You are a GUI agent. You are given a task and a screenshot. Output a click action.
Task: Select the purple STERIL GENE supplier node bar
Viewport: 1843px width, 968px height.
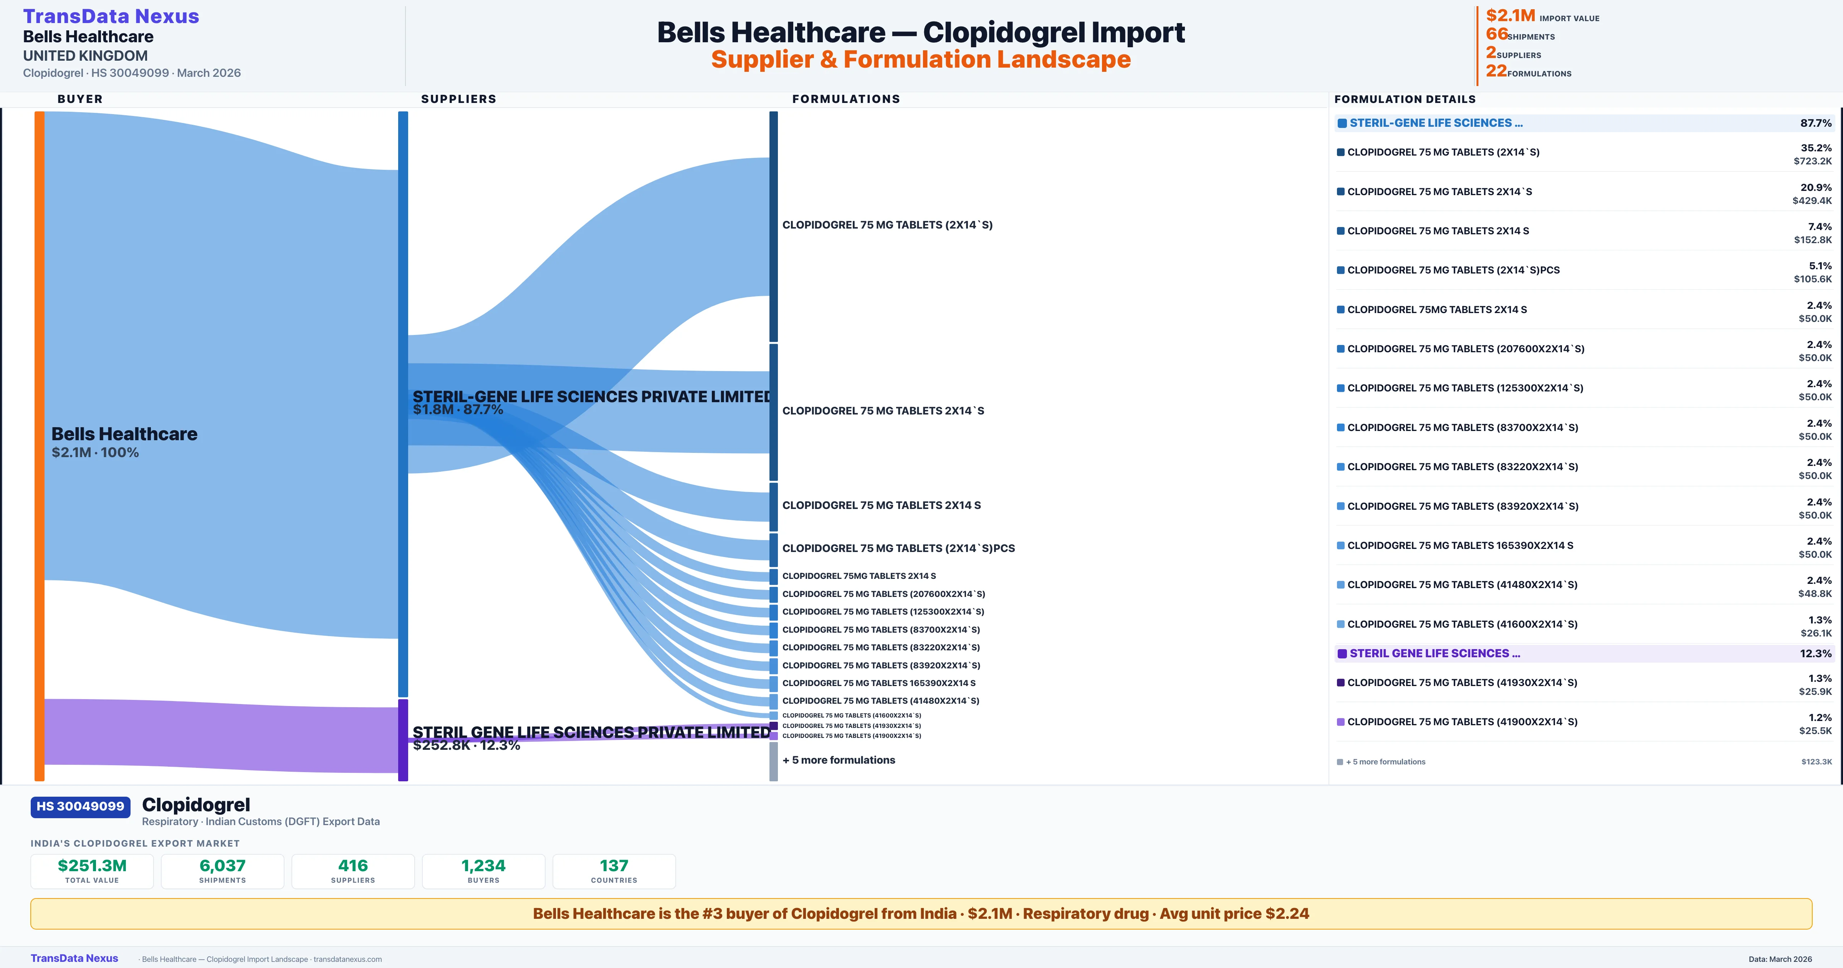[403, 739]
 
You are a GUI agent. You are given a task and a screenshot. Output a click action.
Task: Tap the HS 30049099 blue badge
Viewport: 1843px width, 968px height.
[80, 806]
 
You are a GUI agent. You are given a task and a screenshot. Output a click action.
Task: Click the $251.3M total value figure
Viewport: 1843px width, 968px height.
[92, 865]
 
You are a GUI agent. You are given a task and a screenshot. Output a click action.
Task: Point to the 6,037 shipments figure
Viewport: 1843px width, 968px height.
[223, 865]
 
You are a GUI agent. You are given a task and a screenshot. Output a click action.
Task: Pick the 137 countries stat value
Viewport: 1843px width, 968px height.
[614, 865]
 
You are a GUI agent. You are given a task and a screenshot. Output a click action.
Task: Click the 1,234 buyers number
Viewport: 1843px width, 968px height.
[484, 865]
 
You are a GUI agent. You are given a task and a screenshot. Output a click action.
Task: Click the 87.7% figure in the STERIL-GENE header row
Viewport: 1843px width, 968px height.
[1816, 123]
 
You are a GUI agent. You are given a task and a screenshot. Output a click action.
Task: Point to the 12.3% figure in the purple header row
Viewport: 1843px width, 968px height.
[1816, 654]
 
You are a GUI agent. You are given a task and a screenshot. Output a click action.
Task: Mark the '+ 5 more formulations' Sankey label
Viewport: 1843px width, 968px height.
[839, 760]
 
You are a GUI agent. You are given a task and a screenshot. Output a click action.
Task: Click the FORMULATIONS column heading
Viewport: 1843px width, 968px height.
[845, 99]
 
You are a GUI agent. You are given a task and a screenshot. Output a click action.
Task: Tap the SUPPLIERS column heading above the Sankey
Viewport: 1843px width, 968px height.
[458, 99]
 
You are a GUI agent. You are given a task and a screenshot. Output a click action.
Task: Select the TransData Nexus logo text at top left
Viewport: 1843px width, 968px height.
[111, 17]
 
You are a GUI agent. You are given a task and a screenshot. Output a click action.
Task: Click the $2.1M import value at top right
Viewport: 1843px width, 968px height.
[1510, 16]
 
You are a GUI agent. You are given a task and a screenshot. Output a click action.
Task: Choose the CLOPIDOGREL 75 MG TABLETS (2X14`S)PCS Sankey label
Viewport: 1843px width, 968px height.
[898, 549]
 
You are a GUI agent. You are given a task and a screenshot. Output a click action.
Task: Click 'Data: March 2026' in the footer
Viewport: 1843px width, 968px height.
[1780, 959]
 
